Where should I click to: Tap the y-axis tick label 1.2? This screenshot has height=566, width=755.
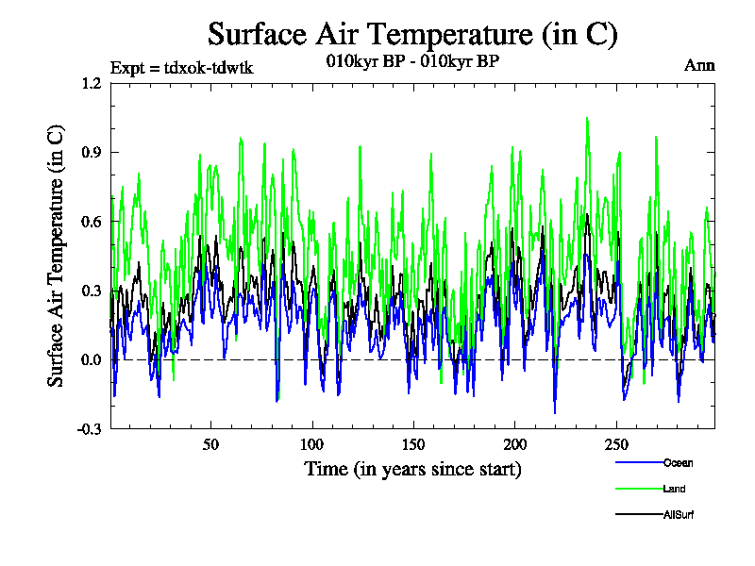(92, 83)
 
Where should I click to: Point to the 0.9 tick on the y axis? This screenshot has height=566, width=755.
(92, 152)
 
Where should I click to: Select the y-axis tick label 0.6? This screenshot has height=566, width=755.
(92, 222)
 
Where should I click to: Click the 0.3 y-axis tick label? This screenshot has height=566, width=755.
(92, 291)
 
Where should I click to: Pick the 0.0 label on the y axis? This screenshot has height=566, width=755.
(92, 359)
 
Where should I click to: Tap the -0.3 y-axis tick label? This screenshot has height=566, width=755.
(90, 429)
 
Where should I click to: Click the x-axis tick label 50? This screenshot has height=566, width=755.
(211, 444)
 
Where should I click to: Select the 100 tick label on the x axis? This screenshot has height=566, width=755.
(312, 444)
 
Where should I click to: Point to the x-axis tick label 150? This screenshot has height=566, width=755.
(413, 444)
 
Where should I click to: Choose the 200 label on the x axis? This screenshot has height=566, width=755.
(514, 444)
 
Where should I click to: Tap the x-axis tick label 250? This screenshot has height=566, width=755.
(615, 444)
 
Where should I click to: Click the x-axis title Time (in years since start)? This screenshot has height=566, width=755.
(412, 469)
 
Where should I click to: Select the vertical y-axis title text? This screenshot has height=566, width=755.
(57, 256)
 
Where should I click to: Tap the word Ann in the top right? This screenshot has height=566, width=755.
(699, 66)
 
